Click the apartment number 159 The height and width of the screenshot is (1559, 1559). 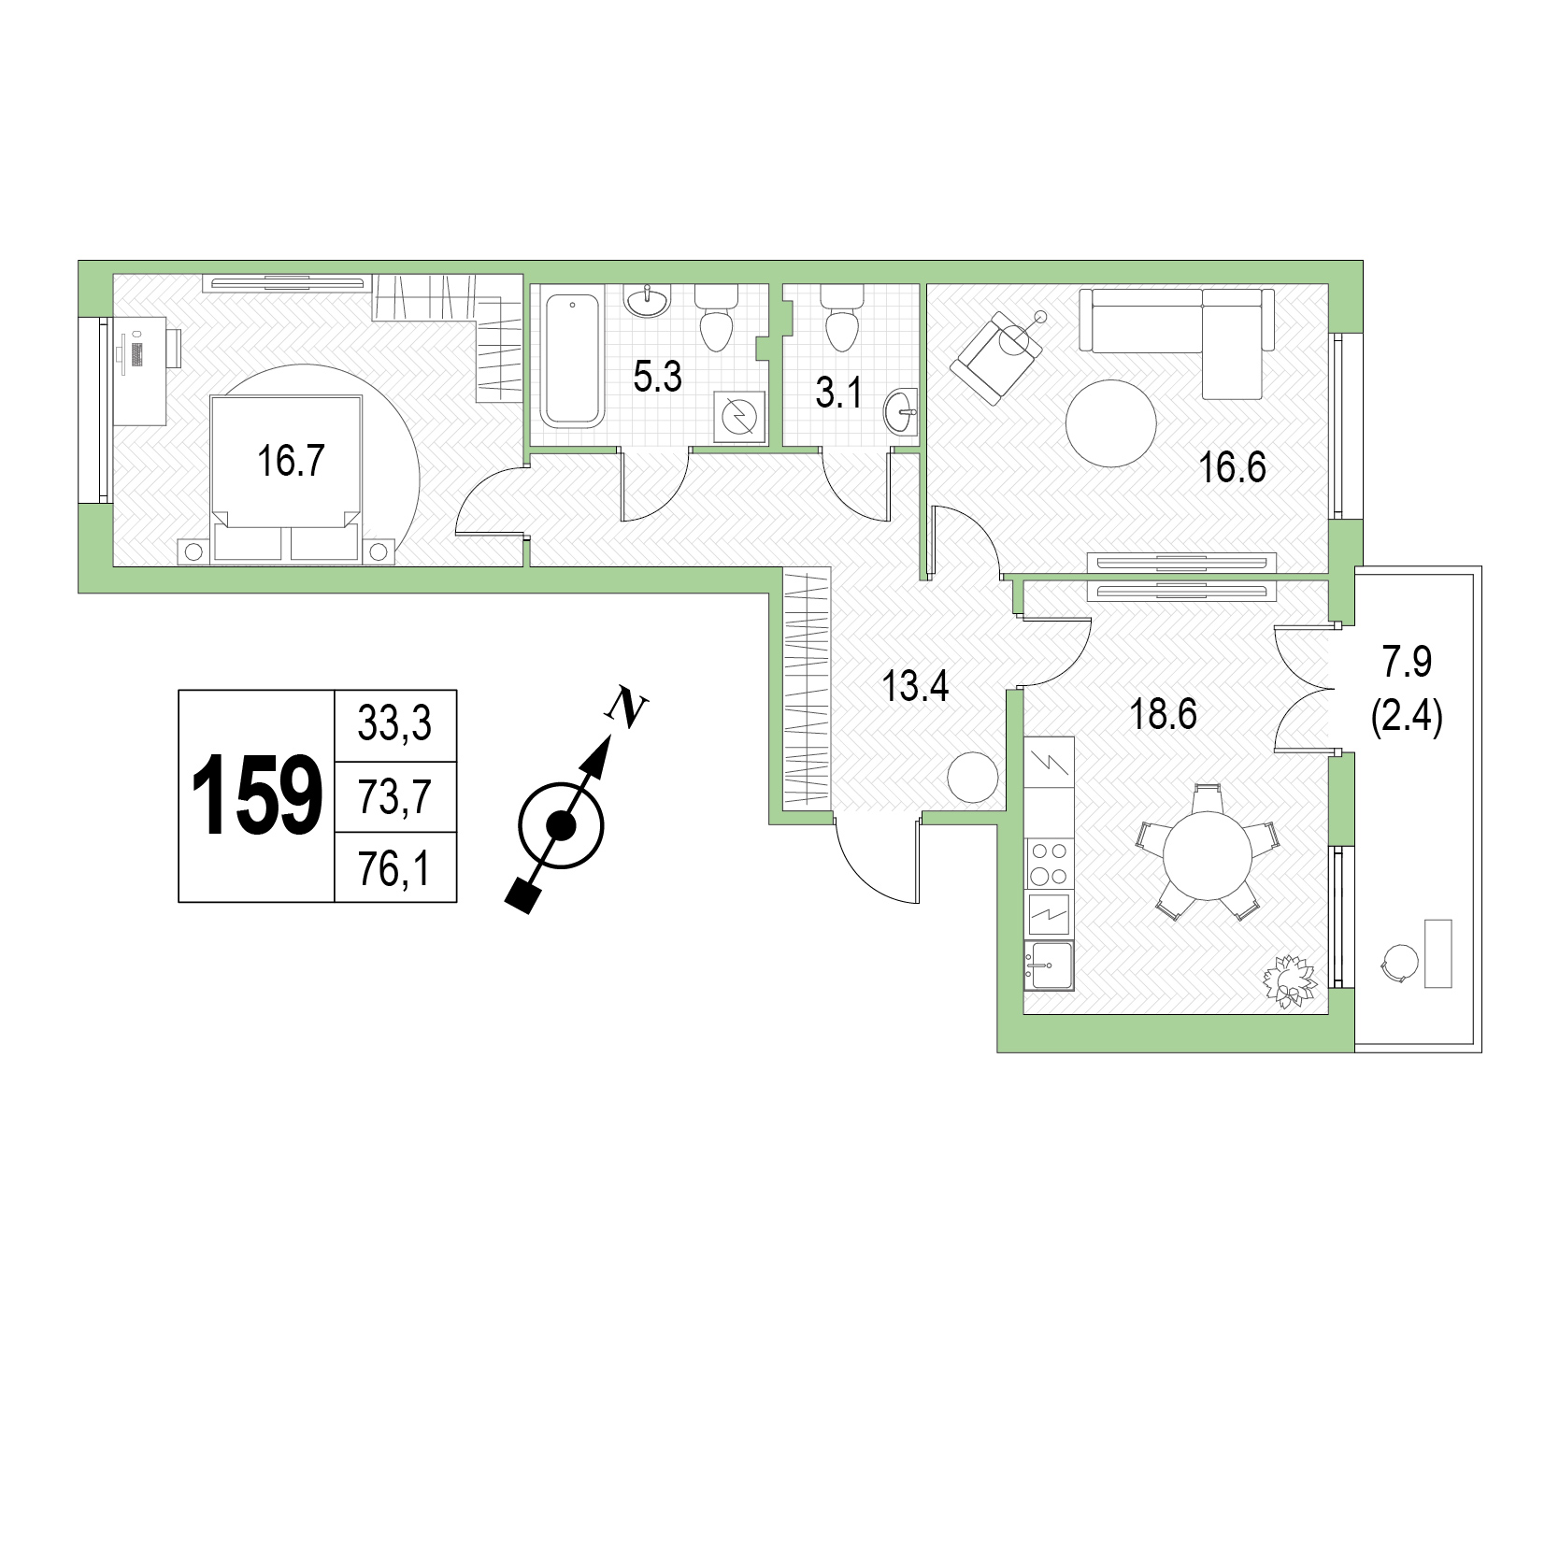point(257,795)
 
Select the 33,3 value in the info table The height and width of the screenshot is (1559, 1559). point(394,724)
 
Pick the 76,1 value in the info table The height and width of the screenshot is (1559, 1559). point(394,870)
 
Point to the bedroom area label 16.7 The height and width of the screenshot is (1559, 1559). point(290,461)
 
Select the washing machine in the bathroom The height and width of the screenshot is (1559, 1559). point(739,416)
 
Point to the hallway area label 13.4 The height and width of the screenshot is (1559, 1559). point(916,688)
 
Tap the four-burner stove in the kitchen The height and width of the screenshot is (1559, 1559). point(1050,863)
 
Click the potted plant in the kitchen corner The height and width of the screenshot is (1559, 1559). point(1290,980)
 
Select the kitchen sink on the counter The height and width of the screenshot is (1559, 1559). point(1050,965)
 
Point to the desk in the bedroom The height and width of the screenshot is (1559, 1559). point(140,371)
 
